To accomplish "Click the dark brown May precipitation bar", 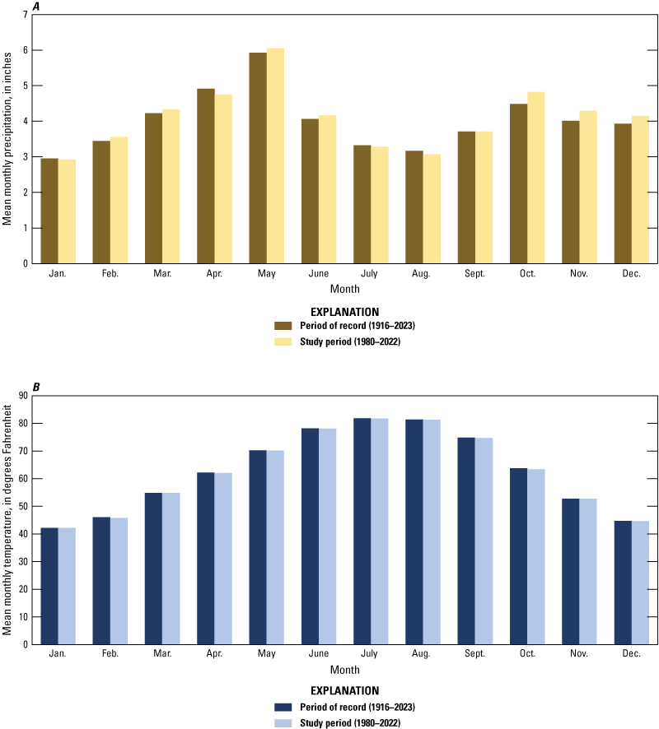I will tap(258, 158).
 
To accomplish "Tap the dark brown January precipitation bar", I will tap(49, 211).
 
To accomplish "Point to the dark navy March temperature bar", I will tap(153, 569).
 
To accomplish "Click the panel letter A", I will tap(36, 7).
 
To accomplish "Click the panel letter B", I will tap(36, 387).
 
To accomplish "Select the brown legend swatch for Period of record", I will tap(283, 327).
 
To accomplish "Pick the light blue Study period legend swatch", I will tap(283, 722).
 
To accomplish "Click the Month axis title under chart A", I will tap(344, 289).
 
